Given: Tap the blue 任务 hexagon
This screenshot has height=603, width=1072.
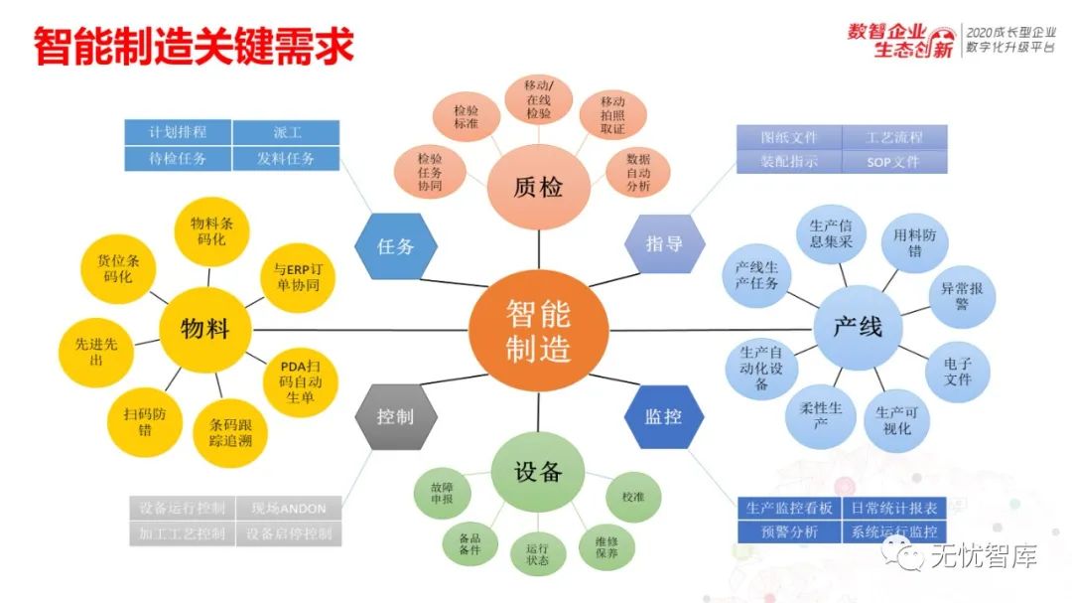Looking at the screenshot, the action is [x=395, y=245].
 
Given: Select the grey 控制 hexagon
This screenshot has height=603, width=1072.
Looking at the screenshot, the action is [x=395, y=416].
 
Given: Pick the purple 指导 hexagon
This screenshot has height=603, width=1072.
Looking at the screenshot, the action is [x=665, y=243].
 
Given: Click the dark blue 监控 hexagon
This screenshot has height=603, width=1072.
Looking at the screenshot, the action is [x=664, y=416].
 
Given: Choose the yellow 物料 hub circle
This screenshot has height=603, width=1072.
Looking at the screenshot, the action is [x=204, y=329].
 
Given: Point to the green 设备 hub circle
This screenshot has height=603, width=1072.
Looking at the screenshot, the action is [x=538, y=472].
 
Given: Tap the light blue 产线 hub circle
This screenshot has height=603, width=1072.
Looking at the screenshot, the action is [x=857, y=327].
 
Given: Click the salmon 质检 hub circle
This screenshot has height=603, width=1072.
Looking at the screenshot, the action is [x=539, y=186].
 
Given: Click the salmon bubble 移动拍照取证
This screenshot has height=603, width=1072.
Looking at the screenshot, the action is [x=612, y=115].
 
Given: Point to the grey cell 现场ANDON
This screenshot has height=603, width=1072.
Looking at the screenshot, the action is [x=288, y=509].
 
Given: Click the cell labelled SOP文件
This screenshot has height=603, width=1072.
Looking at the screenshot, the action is [x=893, y=162].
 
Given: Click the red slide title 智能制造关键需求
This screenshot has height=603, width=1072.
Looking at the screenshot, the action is [x=194, y=46].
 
